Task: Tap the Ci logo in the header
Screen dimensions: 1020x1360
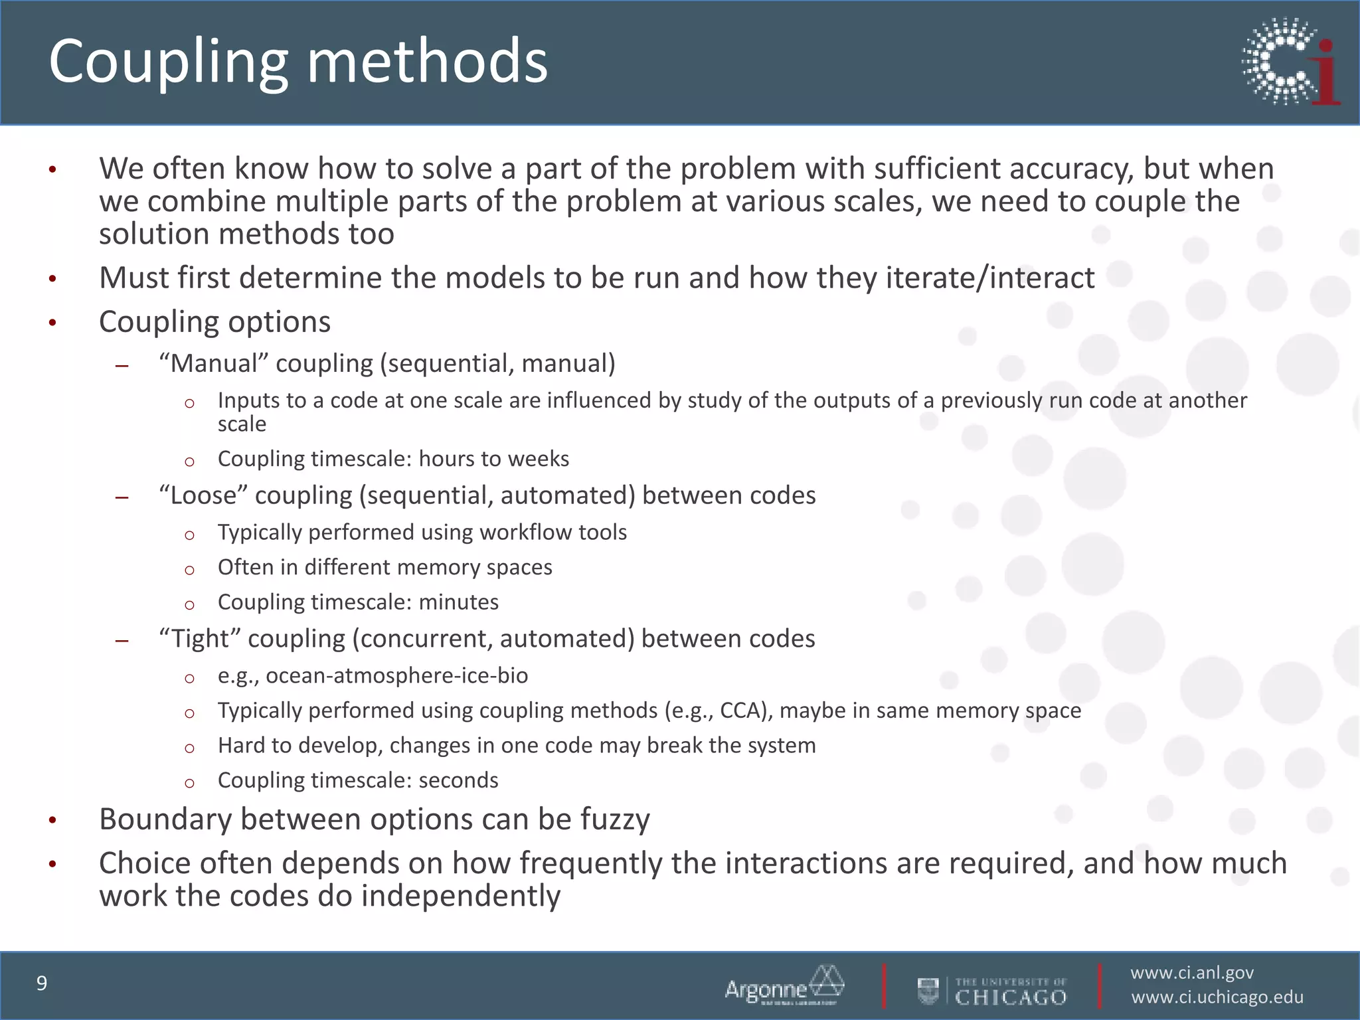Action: coord(1291,62)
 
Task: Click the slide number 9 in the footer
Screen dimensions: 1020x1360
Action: coord(42,983)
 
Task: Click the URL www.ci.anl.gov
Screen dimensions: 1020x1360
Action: coord(1192,973)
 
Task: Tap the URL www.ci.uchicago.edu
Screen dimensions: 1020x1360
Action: coord(1217,997)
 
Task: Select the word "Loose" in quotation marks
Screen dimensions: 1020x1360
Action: coord(203,495)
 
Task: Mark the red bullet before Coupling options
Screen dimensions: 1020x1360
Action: coord(52,324)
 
